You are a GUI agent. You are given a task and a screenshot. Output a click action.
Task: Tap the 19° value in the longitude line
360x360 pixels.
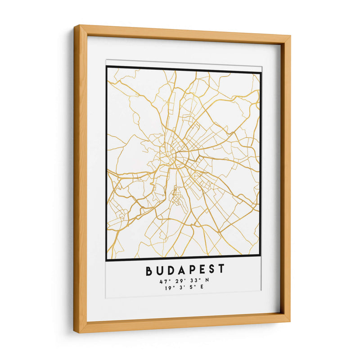(169, 288)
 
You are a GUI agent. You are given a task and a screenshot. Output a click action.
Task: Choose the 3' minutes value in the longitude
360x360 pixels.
(182, 288)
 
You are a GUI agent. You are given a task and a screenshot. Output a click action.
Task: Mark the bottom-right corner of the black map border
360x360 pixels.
(260, 261)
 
